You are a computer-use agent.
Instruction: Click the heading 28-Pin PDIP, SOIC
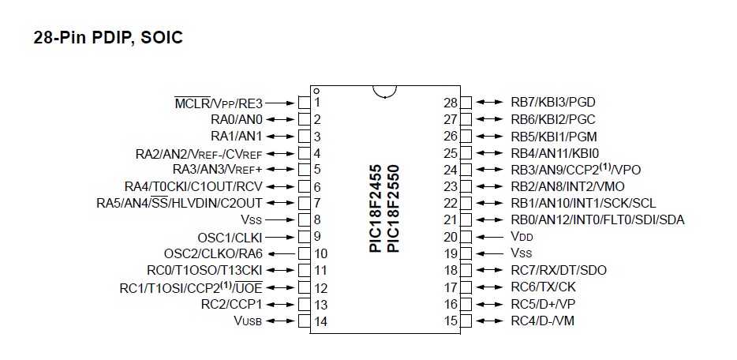coord(108,37)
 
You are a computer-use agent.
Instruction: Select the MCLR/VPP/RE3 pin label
coord(218,103)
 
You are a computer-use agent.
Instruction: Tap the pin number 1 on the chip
coord(316,103)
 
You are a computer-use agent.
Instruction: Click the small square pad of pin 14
coord(303,321)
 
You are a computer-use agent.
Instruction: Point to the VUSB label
coord(248,321)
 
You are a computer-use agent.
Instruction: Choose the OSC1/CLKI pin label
coord(230,237)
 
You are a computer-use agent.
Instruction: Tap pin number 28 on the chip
coord(451,103)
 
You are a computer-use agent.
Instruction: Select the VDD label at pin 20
coord(522,236)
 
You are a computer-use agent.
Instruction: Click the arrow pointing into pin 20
coord(490,236)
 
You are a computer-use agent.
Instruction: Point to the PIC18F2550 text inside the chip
coord(393,209)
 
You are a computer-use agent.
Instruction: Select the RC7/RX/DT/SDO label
coord(559,270)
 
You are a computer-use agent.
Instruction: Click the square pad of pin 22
coord(466,203)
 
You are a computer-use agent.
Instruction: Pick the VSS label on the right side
coord(522,253)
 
